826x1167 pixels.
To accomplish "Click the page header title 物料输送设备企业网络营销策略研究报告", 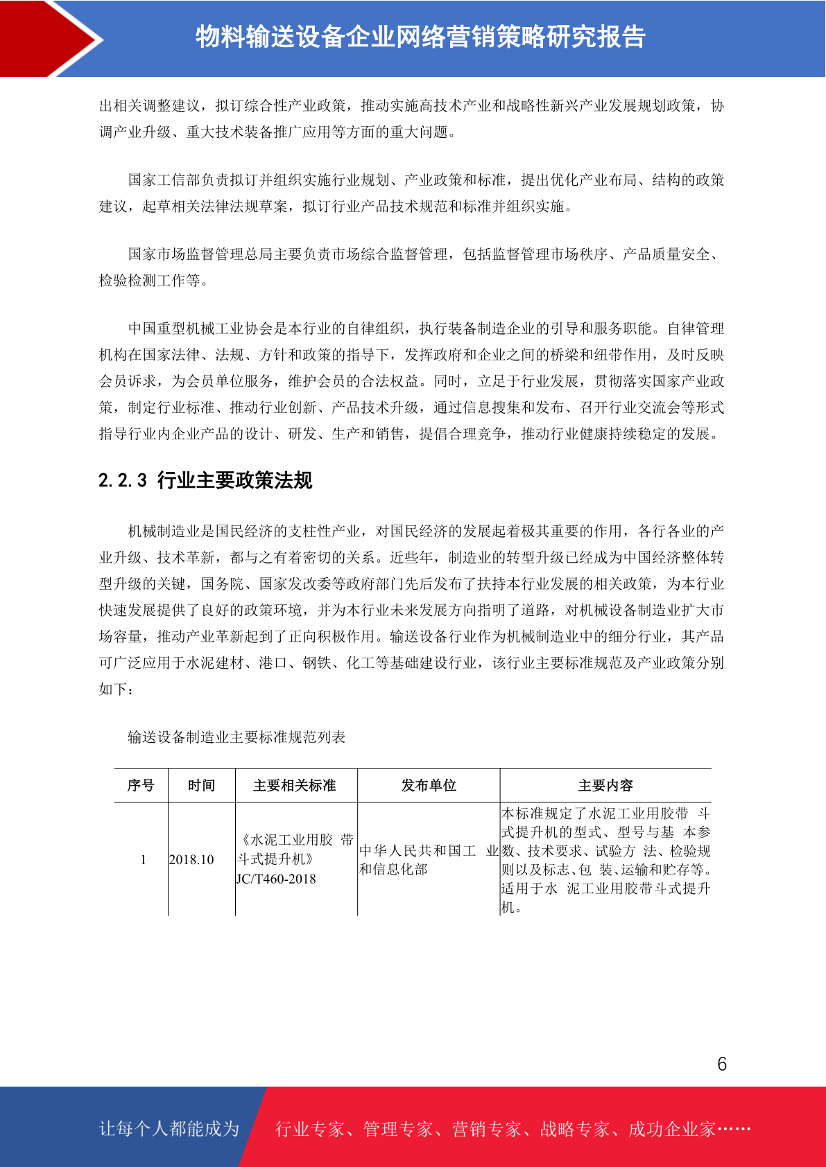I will pyautogui.click(x=420, y=37).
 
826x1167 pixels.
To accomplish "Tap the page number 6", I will pyautogui.click(x=722, y=1064).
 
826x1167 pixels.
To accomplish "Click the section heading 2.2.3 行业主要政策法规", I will pyautogui.click(x=205, y=480).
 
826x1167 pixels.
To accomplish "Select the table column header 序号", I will pyautogui.click(x=141, y=785).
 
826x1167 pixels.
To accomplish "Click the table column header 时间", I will pyautogui.click(x=201, y=785).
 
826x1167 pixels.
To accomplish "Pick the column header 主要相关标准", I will pyautogui.click(x=295, y=785).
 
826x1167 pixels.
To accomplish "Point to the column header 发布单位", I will pyautogui.click(x=429, y=785).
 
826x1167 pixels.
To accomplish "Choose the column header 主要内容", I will pyautogui.click(x=605, y=785).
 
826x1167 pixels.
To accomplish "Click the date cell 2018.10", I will pyautogui.click(x=191, y=860).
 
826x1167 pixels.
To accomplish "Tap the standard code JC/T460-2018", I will pyautogui.click(x=276, y=879).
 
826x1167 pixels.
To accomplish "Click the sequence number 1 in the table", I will pyautogui.click(x=143, y=860).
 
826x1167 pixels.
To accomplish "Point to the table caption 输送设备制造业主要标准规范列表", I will pyautogui.click(x=236, y=737).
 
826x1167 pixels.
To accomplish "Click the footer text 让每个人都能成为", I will pyautogui.click(x=169, y=1129).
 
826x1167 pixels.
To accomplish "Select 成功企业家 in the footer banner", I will pyautogui.click(x=671, y=1130).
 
